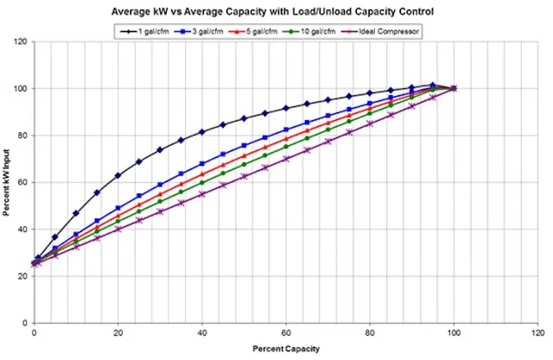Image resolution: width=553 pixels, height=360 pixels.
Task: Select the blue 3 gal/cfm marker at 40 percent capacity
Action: [x=202, y=163]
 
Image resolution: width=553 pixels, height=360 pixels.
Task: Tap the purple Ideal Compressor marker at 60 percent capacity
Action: [x=286, y=158]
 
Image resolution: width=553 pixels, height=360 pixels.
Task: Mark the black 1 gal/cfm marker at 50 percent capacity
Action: [x=244, y=117]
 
